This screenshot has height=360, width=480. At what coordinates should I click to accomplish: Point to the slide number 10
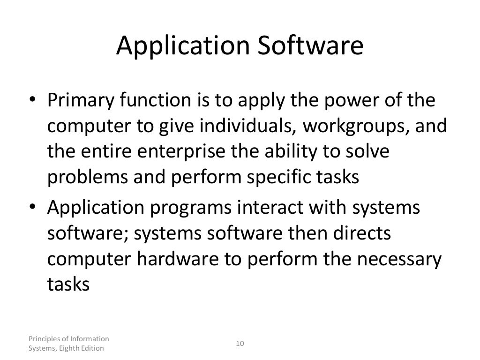click(240, 344)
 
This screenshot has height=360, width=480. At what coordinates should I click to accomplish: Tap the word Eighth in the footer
click(71, 348)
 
